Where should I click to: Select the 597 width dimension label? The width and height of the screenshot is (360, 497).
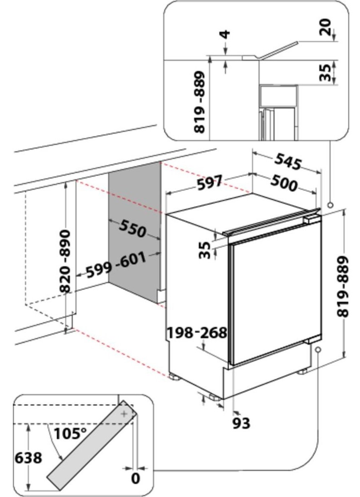click(x=209, y=183)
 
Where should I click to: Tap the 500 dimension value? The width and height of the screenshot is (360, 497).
click(x=284, y=183)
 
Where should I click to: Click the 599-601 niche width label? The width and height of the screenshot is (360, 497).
click(x=116, y=265)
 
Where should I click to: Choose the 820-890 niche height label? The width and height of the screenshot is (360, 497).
click(x=65, y=261)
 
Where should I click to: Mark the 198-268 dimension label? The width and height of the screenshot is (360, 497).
click(x=197, y=332)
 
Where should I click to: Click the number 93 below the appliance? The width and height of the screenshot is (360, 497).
click(x=241, y=423)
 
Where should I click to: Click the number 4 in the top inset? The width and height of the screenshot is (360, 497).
click(x=226, y=35)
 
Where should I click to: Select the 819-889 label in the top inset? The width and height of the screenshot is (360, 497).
click(x=199, y=102)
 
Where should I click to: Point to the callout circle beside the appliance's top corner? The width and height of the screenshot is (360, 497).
click(x=331, y=204)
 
